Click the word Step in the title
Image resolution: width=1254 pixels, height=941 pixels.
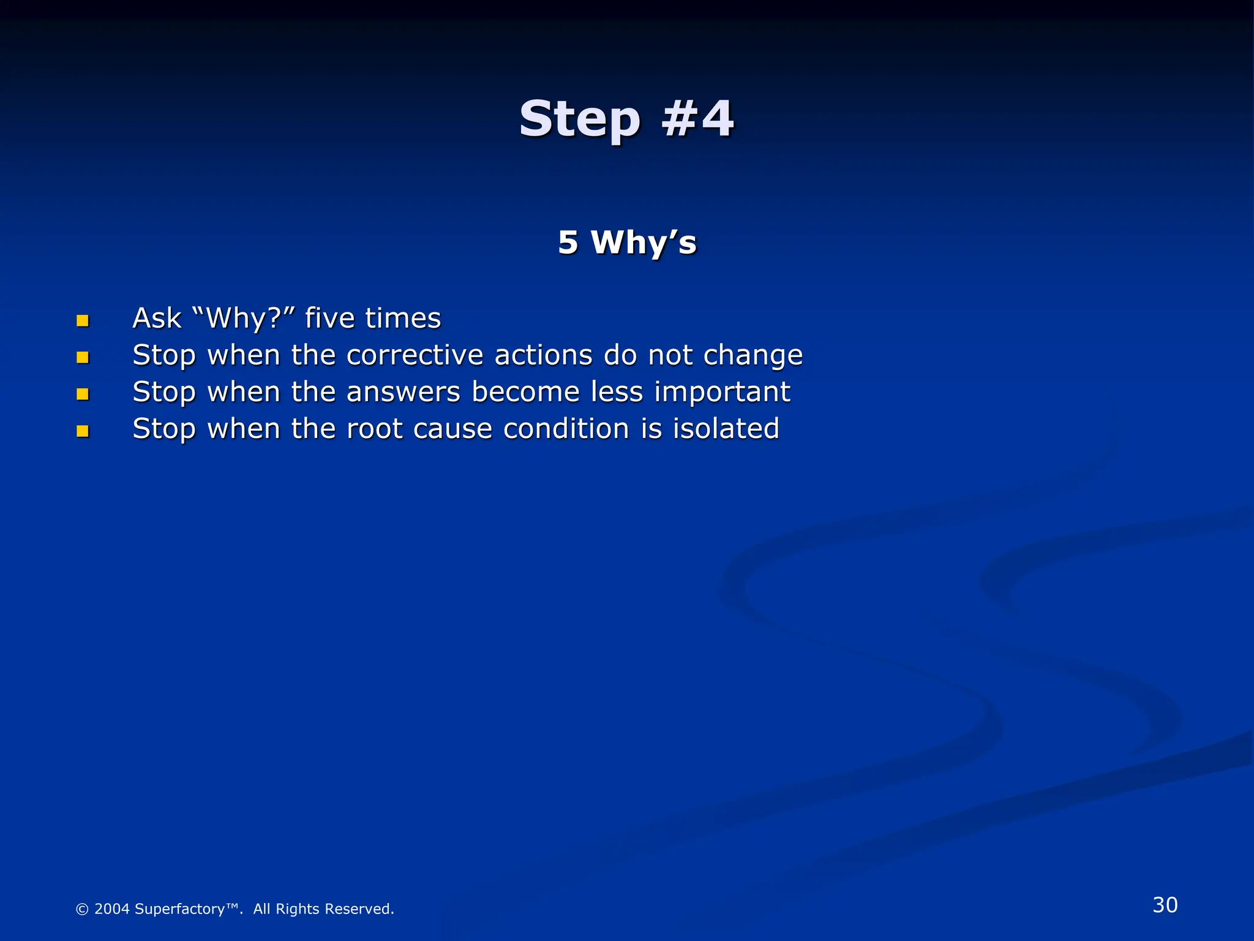(579, 119)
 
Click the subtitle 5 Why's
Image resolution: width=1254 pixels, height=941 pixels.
(627, 242)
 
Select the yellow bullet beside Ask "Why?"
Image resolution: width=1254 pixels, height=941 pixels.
(83, 320)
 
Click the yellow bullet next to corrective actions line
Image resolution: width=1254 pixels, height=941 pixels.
(83, 357)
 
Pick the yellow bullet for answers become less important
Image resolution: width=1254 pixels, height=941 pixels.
(83, 394)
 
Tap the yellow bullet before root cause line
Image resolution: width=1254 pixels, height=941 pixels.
(83, 431)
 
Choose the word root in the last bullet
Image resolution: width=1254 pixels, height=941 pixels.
(374, 429)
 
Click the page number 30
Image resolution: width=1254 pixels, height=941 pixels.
(1165, 905)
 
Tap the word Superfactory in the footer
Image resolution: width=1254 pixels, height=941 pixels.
(179, 909)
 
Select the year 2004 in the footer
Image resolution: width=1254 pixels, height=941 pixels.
(111, 909)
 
